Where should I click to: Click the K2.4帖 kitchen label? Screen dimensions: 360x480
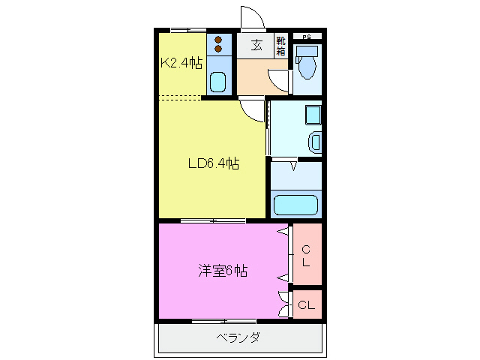click(181, 63)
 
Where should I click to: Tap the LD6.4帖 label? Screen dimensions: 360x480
click(213, 163)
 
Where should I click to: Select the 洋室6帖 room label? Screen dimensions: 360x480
click(222, 271)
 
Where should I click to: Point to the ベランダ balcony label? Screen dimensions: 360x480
click(238, 337)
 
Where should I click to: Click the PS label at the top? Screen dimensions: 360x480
click(306, 37)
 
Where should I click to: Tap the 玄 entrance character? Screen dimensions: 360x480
click(256, 46)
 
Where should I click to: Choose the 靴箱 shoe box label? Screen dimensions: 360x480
click(280, 46)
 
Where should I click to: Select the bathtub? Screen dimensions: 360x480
click(295, 205)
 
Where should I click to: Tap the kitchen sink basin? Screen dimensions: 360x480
click(218, 80)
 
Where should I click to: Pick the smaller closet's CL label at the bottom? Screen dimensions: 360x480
click(306, 305)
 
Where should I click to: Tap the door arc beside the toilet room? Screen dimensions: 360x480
click(280, 80)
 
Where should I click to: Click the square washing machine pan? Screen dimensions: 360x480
click(312, 115)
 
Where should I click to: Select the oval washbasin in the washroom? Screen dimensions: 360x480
click(314, 142)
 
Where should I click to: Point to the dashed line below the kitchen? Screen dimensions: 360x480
click(180, 97)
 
